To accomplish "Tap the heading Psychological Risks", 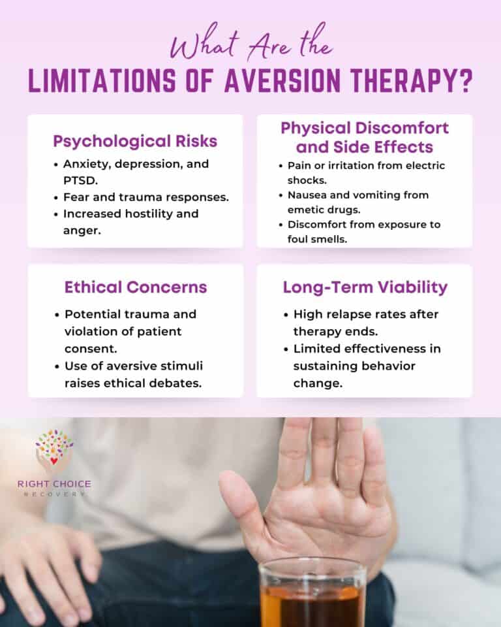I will click(135, 141).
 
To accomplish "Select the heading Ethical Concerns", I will click(135, 287).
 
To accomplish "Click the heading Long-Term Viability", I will click(365, 287).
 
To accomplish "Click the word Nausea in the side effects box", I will click(306, 195).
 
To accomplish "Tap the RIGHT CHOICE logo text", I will click(54, 485).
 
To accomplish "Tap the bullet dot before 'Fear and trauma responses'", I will click(57, 197).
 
